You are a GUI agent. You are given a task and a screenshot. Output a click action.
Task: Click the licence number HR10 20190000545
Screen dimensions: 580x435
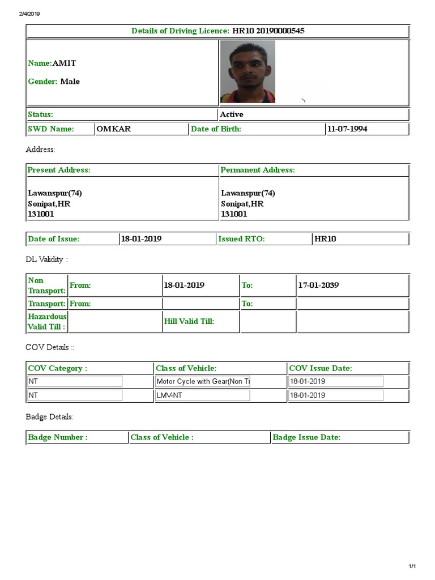tap(268, 31)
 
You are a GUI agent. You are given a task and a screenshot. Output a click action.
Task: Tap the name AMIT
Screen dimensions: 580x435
tap(64, 63)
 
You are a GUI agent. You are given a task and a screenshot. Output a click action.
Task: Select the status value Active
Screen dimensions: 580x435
tap(232, 114)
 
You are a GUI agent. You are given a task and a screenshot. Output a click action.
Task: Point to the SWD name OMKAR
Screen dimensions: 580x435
tap(113, 129)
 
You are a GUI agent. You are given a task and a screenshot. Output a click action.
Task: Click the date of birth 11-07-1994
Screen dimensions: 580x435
tap(347, 129)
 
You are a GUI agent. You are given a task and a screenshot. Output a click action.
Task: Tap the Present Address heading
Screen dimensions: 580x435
tap(59, 170)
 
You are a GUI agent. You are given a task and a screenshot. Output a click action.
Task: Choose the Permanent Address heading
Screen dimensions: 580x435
tap(258, 170)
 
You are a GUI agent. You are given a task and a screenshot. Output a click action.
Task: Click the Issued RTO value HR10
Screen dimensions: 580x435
tap(325, 239)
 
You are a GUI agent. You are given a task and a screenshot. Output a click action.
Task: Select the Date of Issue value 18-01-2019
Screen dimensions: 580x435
tap(141, 239)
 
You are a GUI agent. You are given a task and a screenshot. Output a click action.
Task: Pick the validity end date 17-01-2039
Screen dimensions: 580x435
tap(318, 285)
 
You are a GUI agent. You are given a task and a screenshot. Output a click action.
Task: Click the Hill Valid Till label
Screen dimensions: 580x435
tap(189, 322)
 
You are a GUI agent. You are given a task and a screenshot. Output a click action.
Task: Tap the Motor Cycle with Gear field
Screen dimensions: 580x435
tap(203, 382)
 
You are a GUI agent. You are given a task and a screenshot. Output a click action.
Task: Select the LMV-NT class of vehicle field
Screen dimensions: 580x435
tap(203, 395)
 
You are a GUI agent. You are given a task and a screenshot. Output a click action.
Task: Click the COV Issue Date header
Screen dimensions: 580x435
tap(321, 368)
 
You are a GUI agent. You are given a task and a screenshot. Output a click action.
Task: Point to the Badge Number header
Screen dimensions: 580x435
tap(58, 437)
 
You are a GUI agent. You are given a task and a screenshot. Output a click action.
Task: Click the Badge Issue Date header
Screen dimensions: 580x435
tap(306, 437)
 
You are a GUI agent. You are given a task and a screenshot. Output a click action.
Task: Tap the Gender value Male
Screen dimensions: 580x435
tap(70, 82)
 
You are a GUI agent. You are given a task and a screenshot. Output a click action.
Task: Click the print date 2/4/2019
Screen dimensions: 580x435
tap(29, 14)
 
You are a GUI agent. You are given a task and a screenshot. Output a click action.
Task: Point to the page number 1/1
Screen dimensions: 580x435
tap(412, 566)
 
